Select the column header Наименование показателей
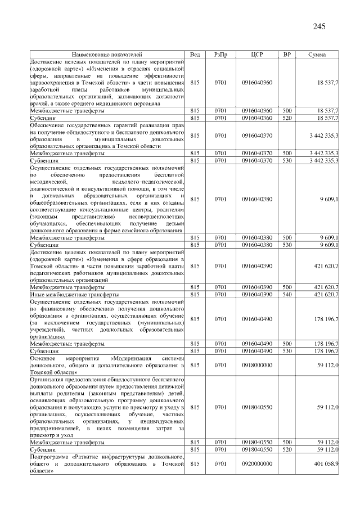tap(107, 54)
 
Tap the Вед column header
tap(195, 54)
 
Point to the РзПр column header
tap(220, 54)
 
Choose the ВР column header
tap(287, 54)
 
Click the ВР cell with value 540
tap(287, 294)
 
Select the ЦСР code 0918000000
tap(256, 365)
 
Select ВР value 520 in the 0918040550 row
tap(287, 450)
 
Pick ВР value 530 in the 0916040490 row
tap(287, 350)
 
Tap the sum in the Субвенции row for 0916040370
tap(323, 160)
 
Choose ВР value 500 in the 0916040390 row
tap(287, 287)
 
